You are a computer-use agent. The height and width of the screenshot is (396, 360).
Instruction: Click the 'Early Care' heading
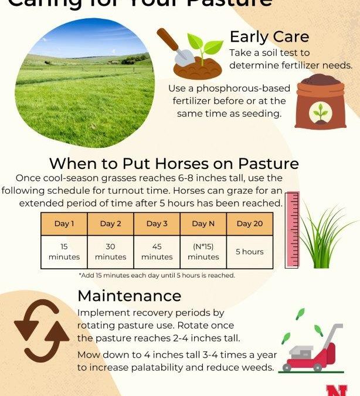point(269,37)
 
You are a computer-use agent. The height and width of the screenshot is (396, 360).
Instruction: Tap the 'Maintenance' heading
point(130,295)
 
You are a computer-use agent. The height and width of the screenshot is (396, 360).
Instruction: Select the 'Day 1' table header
point(64,224)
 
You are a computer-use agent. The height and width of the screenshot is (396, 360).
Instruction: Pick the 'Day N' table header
point(203,224)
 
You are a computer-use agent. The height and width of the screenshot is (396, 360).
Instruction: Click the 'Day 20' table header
point(250,224)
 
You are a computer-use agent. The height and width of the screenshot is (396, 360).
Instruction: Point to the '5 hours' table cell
point(250,252)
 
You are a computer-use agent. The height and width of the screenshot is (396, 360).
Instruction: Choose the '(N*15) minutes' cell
point(203,252)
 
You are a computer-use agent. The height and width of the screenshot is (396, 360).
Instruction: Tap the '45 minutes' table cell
point(157,252)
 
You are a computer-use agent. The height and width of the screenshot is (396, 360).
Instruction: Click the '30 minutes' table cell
point(110,252)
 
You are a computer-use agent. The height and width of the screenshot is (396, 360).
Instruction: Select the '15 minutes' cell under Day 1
point(64,252)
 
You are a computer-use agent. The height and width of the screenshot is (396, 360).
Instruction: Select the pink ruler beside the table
point(291,229)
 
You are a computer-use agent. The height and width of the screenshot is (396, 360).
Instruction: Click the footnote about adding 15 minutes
point(157,275)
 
